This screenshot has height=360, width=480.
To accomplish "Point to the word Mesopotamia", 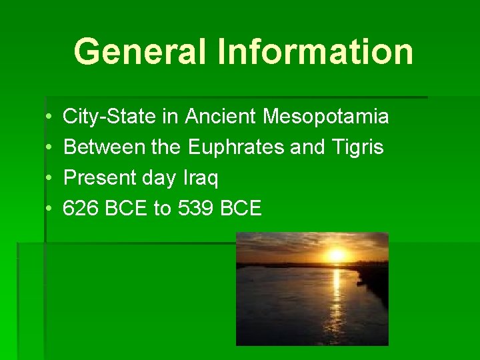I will click(x=326, y=117).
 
